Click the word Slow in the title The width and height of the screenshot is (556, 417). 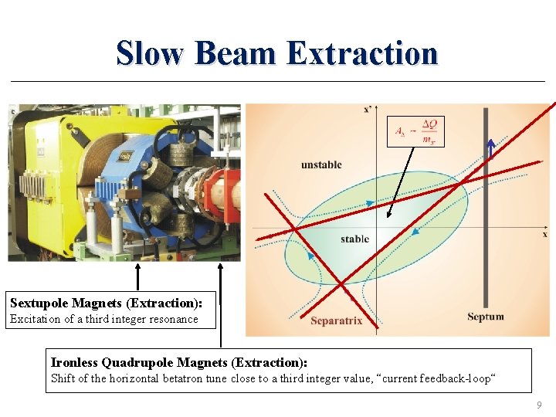151,53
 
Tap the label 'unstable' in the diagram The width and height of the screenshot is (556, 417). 321,164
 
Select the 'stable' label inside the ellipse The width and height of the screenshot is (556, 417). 354,239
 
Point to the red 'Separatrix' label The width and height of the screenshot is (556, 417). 336,320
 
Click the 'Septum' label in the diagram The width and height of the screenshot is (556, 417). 486,316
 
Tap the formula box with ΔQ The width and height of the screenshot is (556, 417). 416,131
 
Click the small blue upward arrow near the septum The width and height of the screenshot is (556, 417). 490,149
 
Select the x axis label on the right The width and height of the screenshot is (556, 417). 544,232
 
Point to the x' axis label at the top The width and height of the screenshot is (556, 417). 368,110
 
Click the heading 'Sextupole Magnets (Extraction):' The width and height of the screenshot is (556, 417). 111,303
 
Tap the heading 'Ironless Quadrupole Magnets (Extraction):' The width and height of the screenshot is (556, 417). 178,362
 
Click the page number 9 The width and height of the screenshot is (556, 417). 539,404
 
